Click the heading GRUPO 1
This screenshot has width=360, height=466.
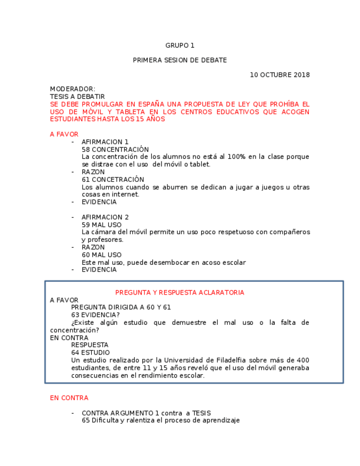click(x=180, y=46)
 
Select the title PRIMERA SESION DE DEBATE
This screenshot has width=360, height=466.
click(x=180, y=60)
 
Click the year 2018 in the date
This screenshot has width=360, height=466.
click(x=302, y=75)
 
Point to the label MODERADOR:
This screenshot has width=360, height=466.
click(x=73, y=89)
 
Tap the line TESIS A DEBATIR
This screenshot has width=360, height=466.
click(x=77, y=97)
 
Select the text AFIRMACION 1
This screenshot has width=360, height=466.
click(x=105, y=142)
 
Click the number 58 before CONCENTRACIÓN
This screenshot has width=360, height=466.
click(x=86, y=149)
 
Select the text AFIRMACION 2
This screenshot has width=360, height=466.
click(x=105, y=217)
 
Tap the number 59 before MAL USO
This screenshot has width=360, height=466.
click(x=86, y=225)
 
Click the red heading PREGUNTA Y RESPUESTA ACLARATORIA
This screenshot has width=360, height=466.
click(x=180, y=292)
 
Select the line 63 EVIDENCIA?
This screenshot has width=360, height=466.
click(x=95, y=315)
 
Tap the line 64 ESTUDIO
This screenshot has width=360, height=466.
click(x=90, y=353)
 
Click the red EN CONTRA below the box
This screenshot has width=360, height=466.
click(x=69, y=398)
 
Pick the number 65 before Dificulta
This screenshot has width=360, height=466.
click(x=86, y=420)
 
